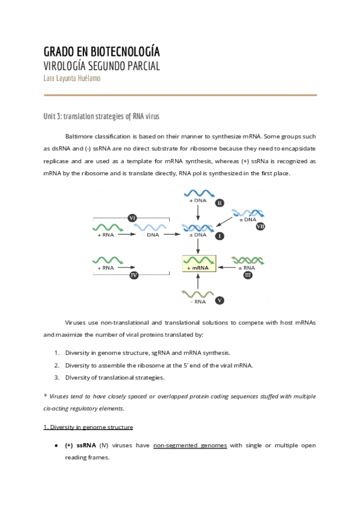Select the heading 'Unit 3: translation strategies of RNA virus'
click(101, 116)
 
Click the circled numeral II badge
click(219, 203)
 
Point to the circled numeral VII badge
click(260, 226)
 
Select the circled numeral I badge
click(219, 236)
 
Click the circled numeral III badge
click(247, 275)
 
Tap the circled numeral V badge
click(220, 300)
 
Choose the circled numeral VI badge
click(133, 217)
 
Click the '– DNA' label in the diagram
click(149, 235)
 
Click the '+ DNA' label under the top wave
click(197, 200)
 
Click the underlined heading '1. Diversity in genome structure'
click(88, 427)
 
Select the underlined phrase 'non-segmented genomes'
click(190, 445)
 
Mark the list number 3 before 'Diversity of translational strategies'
click(56, 378)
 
